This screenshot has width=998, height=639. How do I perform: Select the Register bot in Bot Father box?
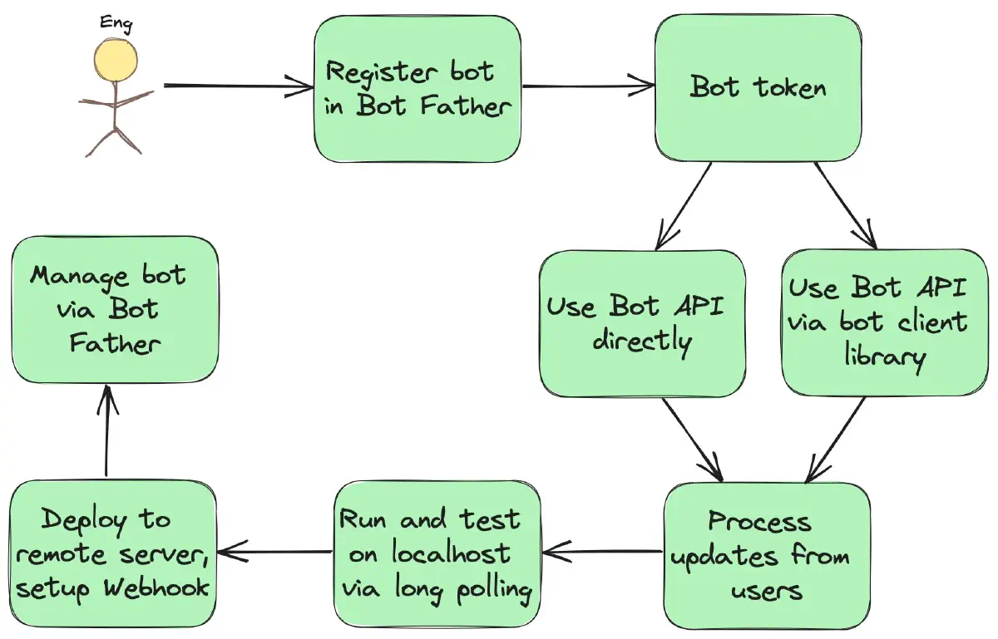point(417,89)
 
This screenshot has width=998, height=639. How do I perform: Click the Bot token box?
point(758,87)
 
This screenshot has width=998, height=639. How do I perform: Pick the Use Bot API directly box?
point(642,323)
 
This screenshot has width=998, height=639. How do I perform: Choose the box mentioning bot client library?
point(885,322)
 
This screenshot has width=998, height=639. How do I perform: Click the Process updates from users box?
point(766,554)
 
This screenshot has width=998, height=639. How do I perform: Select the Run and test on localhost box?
point(437,554)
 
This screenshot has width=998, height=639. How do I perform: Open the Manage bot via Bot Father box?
point(114,309)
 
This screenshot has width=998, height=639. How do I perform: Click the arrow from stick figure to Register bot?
point(237,85)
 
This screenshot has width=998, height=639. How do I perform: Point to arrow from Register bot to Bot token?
point(587,85)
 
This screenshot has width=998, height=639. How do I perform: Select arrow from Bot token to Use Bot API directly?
point(684,204)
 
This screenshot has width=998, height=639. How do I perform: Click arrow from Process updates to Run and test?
point(600,550)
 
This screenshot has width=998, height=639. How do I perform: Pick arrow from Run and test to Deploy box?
point(274,551)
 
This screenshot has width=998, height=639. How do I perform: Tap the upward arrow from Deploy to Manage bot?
point(108,432)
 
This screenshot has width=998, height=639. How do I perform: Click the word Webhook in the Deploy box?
point(156,587)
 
